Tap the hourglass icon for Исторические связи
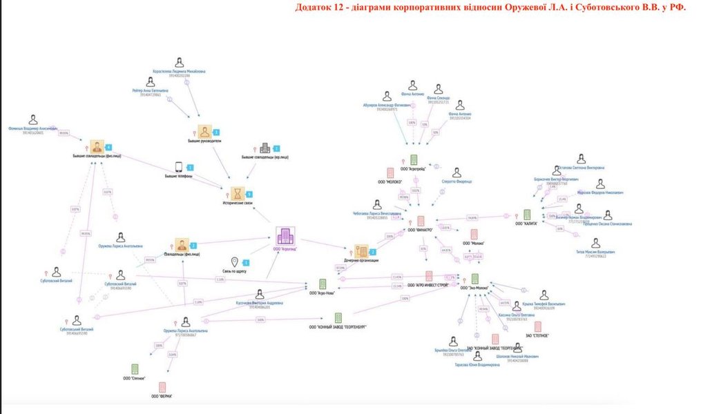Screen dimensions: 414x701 [x=237, y=192]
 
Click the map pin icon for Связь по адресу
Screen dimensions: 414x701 [x=235, y=262]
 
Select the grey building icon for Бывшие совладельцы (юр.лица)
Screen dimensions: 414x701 [x=264, y=149]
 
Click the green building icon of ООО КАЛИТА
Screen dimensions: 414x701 [x=526, y=215]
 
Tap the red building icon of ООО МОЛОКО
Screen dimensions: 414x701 [x=390, y=172]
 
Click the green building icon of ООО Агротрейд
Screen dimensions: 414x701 [x=414, y=159]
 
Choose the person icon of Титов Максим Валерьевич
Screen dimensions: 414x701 [x=595, y=244]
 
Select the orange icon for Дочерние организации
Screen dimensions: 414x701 [x=361, y=250]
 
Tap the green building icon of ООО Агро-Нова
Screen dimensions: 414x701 [x=322, y=284]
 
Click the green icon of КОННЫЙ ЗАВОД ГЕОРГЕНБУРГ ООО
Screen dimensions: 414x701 [x=338, y=317]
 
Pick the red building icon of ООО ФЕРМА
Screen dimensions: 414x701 [x=162, y=387]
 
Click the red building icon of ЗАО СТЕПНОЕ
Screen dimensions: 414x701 [x=537, y=326]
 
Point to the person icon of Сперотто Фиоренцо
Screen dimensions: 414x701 [x=456, y=172]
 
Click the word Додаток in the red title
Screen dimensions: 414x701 [x=313, y=8]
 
